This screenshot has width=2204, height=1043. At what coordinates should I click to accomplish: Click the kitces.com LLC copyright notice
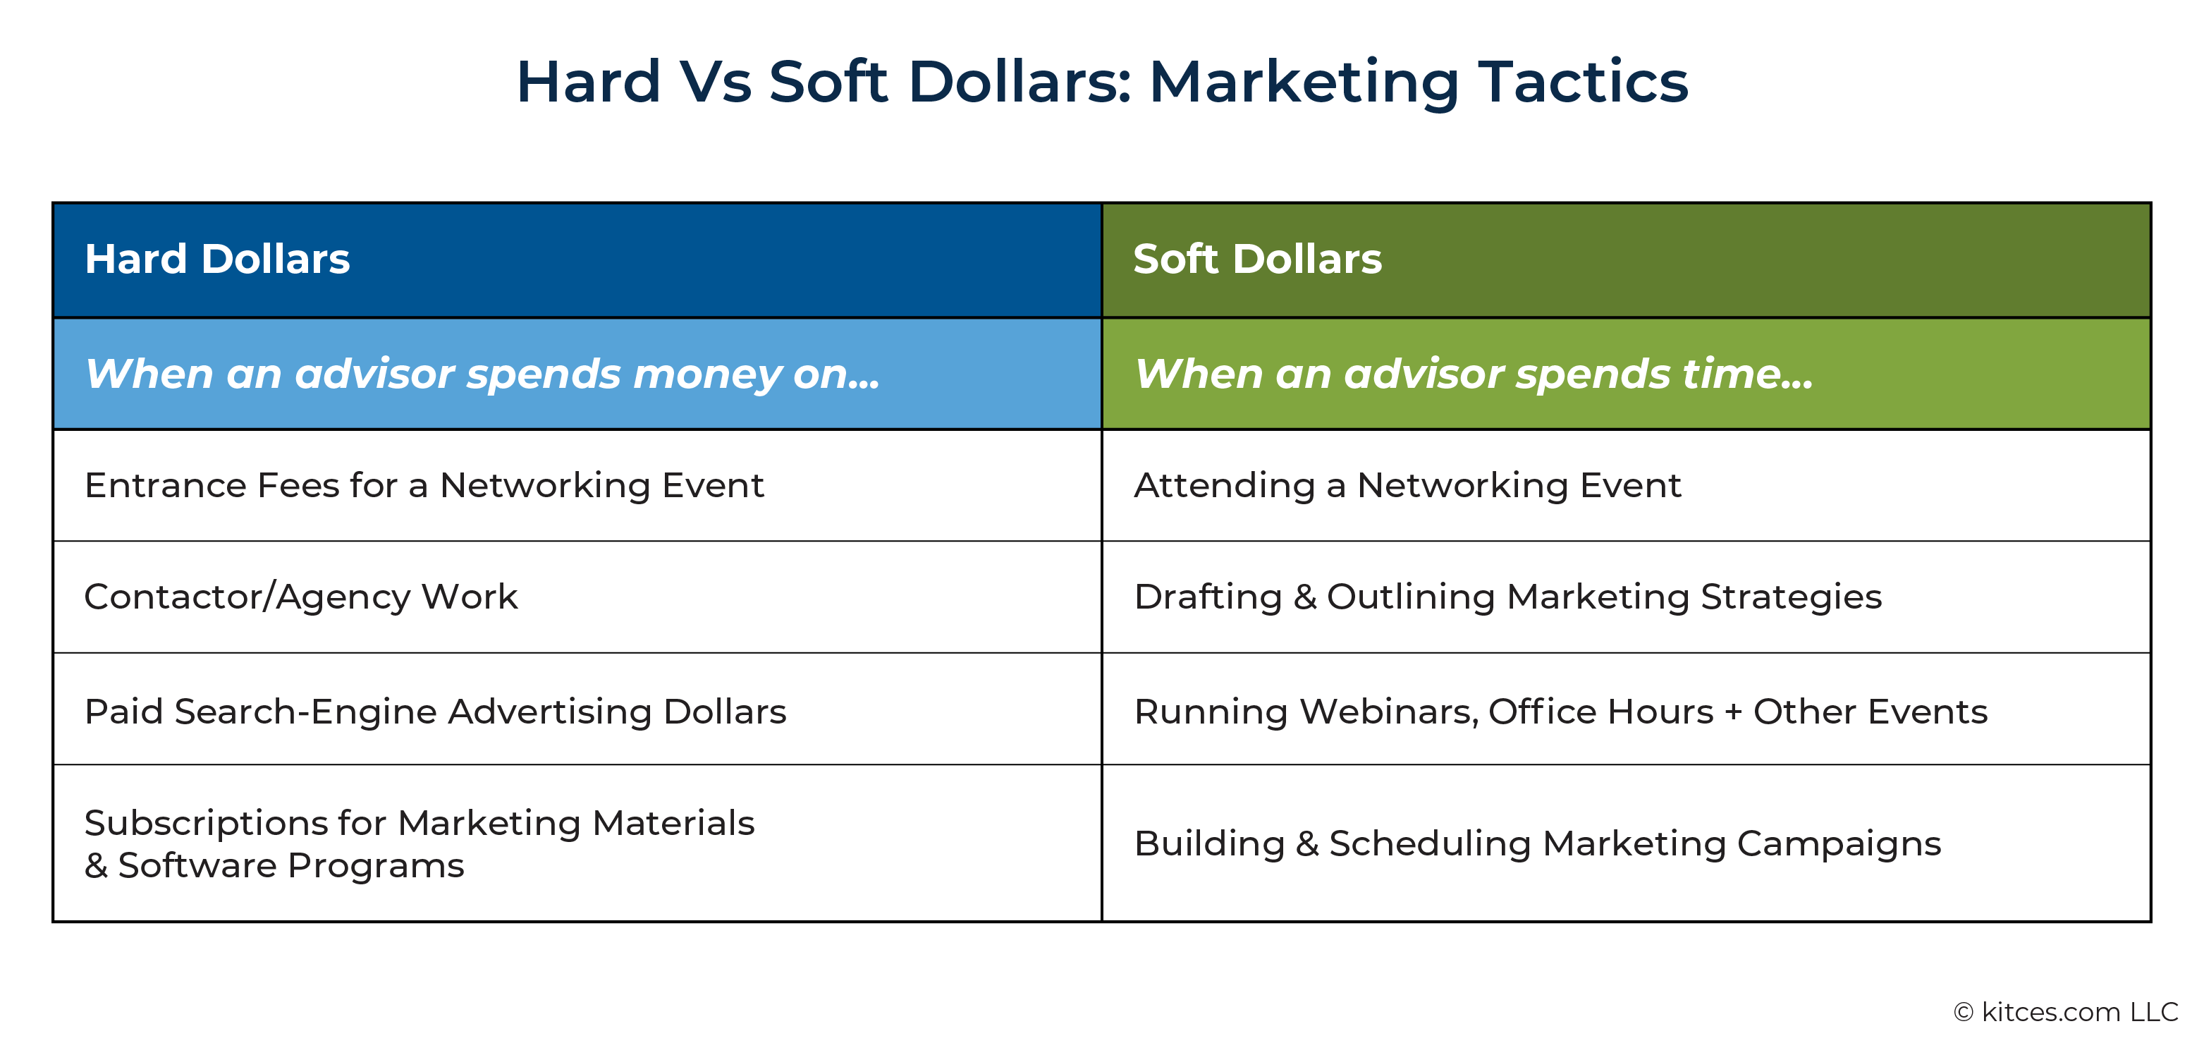2067,1012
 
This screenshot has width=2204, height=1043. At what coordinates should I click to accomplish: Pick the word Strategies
1792,597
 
